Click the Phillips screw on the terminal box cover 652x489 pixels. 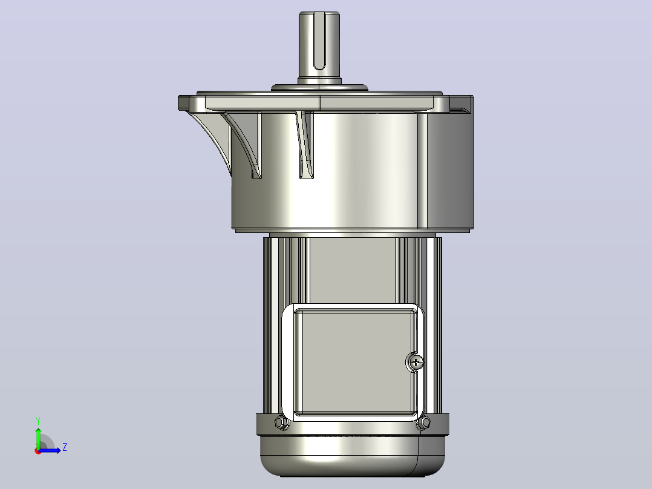(416, 363)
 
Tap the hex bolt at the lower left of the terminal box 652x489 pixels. (282, 423)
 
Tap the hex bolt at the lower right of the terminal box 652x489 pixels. (423, 423)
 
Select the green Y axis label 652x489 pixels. (38, 421)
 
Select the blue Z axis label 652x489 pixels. (65, 447)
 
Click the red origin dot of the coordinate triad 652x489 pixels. (38, 451)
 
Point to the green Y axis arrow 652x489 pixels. (38, 437)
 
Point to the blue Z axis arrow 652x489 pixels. (50, 450)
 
